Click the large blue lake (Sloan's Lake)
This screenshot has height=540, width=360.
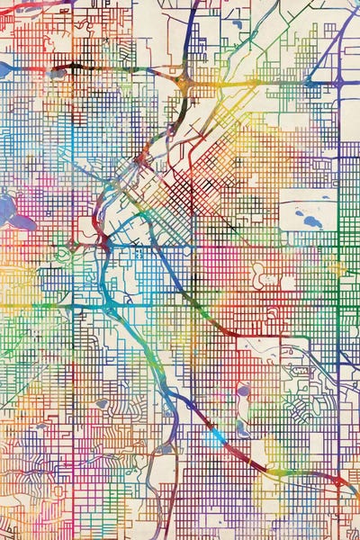click(x=13, y=213)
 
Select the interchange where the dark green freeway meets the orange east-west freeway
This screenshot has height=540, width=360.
click(x=184, y=82)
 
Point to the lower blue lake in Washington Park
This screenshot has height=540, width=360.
click(x=242, y=430)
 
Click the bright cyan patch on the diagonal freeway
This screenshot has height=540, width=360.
click(x=214, y=438)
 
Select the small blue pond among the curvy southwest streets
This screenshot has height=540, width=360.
click(x=102, y=404)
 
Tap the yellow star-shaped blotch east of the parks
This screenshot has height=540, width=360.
click(x=337, y=267)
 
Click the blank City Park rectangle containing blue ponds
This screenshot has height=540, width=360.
click(x=306, y=212)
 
